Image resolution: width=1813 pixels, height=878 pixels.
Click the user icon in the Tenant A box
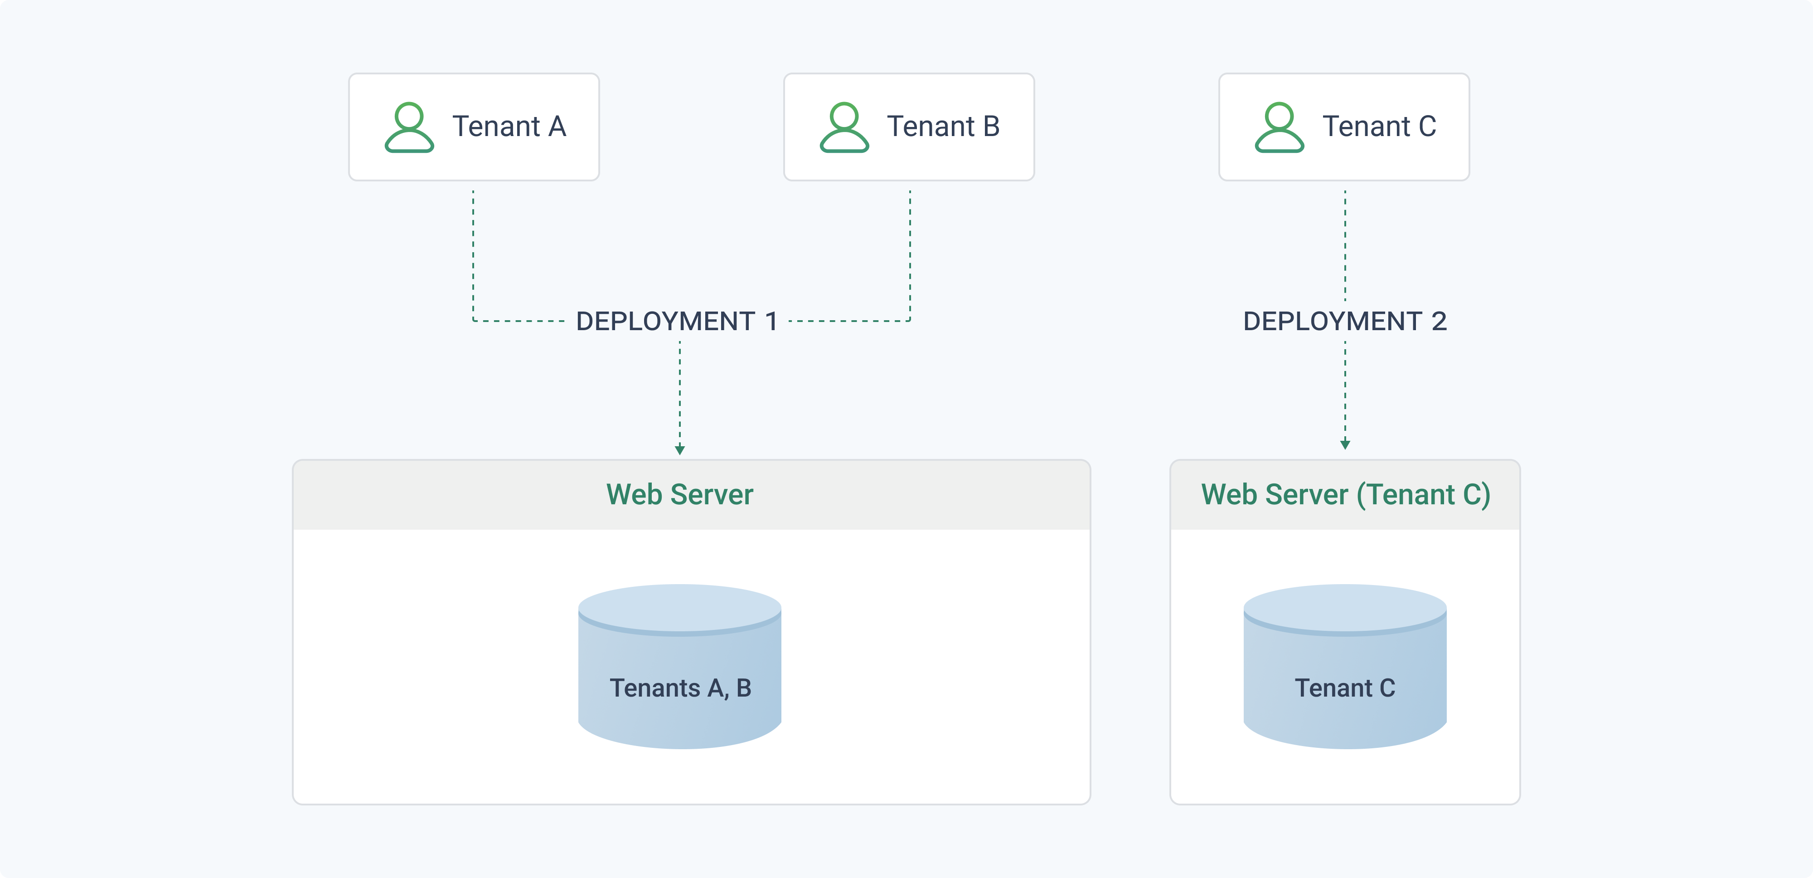click(409, 127)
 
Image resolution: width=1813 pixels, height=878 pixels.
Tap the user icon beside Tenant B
click(844, 127)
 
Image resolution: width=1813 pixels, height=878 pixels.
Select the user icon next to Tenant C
click(1279, 127)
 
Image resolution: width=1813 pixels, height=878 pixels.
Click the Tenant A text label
click(509, 127)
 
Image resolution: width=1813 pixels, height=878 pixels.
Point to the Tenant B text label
click(943, 127)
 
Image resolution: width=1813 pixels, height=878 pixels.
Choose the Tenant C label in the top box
click(1379, 127)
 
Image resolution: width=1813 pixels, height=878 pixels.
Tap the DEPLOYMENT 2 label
click(1345, 321)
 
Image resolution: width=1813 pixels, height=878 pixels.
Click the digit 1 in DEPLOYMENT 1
click(771, 321)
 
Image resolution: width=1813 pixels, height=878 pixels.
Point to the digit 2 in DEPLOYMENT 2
click(1439, 321)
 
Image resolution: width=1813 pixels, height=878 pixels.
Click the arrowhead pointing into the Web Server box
click(680, 450)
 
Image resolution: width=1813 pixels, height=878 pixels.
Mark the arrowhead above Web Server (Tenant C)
click(1345, 444)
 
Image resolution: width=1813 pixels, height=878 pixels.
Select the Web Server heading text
click(680, 494)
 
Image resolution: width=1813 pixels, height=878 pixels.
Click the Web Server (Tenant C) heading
click(1346, 495)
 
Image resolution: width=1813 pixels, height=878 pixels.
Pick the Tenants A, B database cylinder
click(680, 666)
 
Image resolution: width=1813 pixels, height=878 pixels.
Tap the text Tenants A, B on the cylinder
click(681, 688)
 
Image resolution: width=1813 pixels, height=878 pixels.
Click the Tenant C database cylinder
click(1345, 666)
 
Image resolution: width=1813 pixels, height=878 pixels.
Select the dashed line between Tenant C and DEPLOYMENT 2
click(1345, 246)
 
